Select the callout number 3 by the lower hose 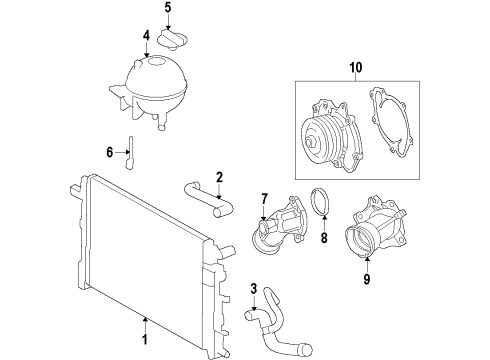254,290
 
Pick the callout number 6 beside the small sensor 110,152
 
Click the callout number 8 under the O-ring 322,239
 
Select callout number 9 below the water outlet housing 366,280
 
